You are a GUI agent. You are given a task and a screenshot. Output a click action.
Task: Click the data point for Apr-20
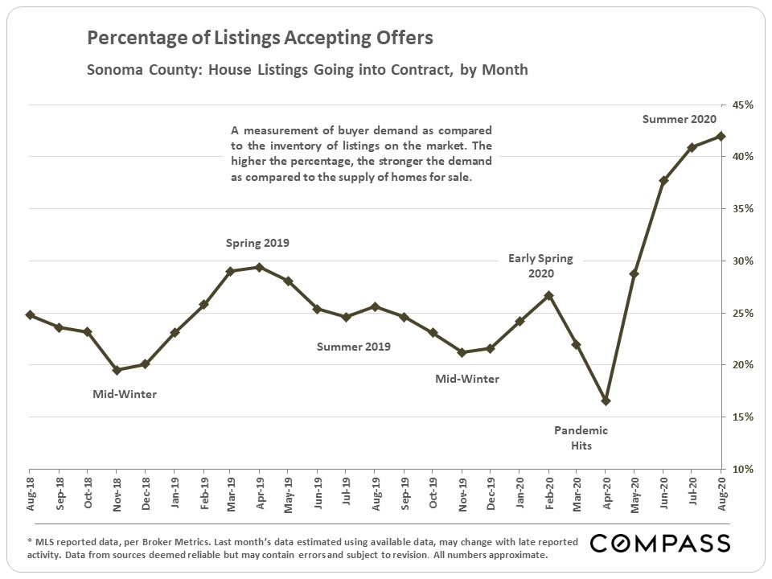tap(606, 400)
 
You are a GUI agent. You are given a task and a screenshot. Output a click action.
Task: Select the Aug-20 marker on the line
tap(721, 136)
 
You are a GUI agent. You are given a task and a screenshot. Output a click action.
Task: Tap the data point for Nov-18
tap(117, 370)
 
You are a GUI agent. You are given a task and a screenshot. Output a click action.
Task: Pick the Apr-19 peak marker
tap(259, 267)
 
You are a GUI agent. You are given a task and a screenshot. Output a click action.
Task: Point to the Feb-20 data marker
tap(548, 295)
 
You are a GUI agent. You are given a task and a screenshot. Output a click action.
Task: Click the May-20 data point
tap(634, 273)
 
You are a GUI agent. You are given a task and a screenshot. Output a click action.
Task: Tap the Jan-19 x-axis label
tap(175, 491)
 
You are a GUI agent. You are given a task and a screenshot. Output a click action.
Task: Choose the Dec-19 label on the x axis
tap(491, 491)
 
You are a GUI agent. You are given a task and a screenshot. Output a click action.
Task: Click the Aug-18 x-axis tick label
tap(31, 491)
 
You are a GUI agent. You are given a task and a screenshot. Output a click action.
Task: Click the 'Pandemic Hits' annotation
tap(581, 437)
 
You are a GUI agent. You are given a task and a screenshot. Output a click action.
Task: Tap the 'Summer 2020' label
tap(679, 119)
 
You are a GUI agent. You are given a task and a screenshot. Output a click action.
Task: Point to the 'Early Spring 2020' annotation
tap(540, 265)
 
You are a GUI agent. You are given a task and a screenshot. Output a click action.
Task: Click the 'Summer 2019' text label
tap(353, 347)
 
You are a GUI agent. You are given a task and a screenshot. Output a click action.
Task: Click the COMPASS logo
tap(660, 544)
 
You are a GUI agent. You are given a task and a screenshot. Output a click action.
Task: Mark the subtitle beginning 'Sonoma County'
tap(307, 69)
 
